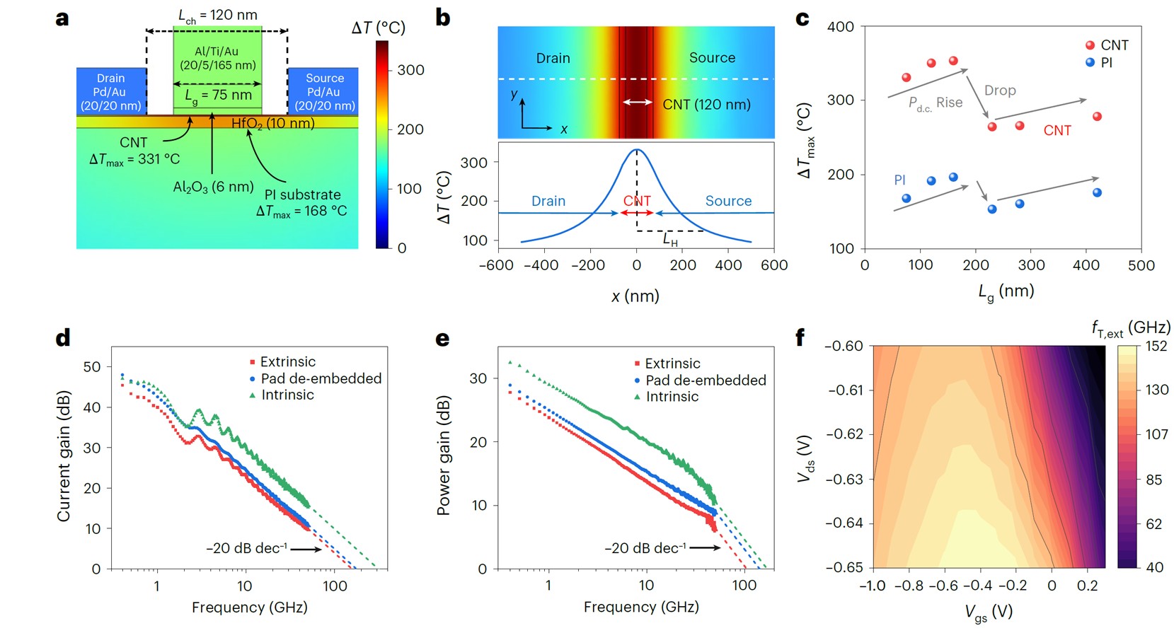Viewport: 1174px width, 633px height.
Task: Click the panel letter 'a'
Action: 62,19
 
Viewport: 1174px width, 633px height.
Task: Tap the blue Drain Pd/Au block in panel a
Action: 111,92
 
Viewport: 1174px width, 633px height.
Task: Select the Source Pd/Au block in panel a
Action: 323,92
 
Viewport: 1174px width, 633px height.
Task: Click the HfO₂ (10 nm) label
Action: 273,123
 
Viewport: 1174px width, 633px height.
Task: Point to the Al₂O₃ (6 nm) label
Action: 213,187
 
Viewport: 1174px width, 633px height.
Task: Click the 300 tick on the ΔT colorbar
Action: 410,70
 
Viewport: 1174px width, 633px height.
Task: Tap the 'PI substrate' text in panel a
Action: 302,194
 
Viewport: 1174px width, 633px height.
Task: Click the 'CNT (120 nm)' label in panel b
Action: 706,104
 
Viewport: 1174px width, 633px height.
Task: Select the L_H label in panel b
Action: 670,240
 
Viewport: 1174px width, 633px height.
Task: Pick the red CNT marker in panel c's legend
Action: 1090,45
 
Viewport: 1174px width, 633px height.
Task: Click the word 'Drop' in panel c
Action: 1000,90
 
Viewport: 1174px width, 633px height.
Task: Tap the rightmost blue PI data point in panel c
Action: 1097,192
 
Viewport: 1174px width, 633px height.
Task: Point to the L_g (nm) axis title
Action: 1006,291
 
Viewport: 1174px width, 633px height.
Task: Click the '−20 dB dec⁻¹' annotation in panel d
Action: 246,549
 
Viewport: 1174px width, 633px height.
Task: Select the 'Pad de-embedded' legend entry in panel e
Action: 700,380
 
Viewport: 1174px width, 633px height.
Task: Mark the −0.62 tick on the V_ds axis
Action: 844,434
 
